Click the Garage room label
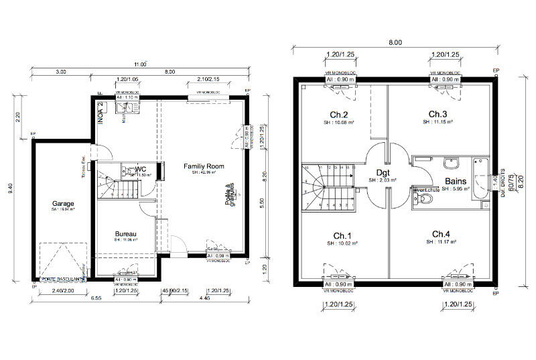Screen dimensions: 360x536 (x=64, y=203)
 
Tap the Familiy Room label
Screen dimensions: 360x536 (x=204, y=166)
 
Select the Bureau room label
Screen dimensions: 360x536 (x=125, y=234)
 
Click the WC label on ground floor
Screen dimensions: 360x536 (x=141, y=169)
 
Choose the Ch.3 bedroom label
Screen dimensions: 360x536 (x=438, y=114)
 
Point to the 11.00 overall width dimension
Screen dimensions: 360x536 (x=139, y=64)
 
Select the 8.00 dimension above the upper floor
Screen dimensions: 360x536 (x=395, y=43)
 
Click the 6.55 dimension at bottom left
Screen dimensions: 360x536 (x=96, y=298)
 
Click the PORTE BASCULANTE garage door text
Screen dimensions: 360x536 (x=62, y=278)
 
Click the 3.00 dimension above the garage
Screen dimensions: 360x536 (x=61, y=71)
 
